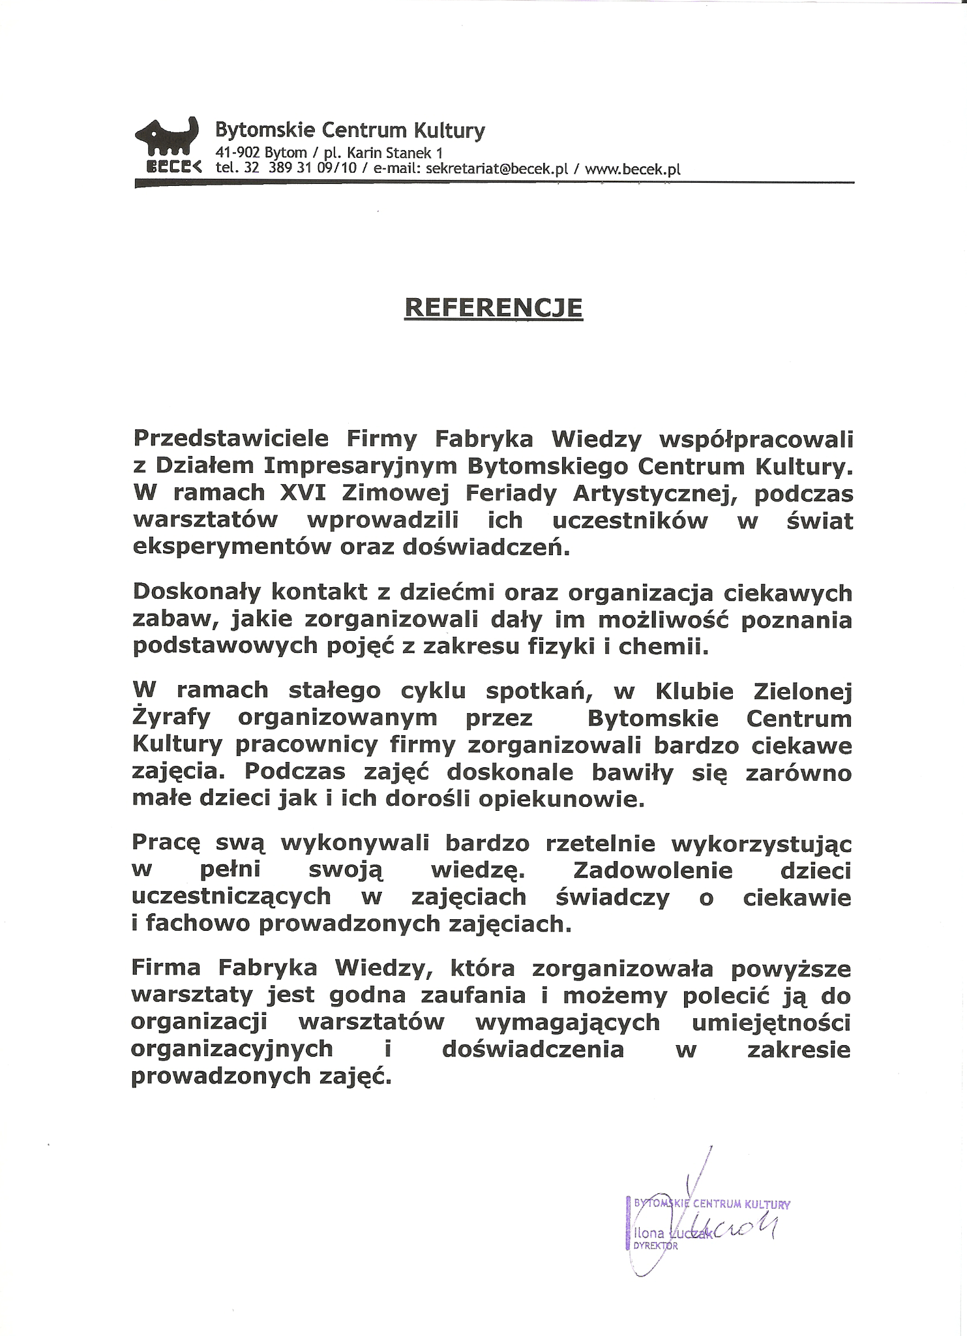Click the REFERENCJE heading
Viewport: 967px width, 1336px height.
pos(494,307)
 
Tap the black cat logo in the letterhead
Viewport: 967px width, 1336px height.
pos(166,138)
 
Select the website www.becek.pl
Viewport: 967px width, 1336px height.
pos(632,169)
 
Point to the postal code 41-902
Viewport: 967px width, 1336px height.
pos(237,153)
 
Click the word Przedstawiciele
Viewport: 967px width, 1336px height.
pos(231,439)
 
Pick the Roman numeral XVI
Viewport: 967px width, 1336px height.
pos(302,493)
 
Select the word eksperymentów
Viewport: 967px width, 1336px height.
pos(231,547)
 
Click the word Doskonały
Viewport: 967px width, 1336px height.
pos(196,592)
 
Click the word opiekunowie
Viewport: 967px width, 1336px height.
pos(561,799)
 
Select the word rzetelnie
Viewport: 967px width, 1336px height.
pos(600,843)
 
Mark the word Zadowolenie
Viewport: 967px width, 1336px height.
pos(652,870)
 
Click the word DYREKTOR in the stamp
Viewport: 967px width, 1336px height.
pos(655,1246)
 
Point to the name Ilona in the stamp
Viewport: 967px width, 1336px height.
pos(649,1233)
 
